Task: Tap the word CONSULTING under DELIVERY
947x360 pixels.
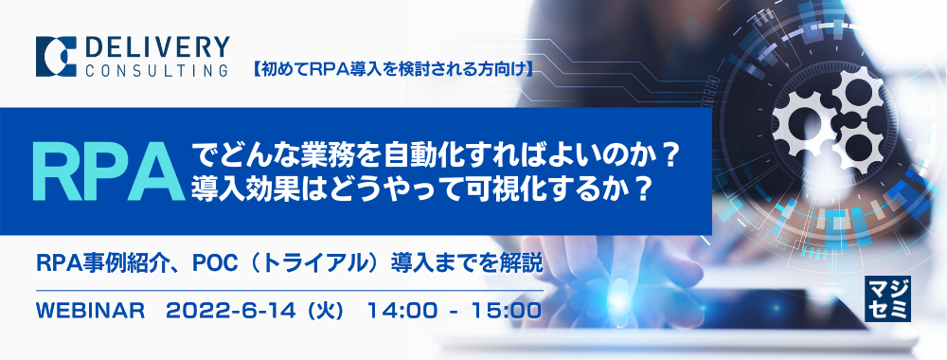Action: pyautogui.click(x=156, y=69)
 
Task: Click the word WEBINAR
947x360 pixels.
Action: pyautogui.click(x=88, y=310)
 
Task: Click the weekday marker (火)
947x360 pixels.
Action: pyautogui.click(x=310, y=310)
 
